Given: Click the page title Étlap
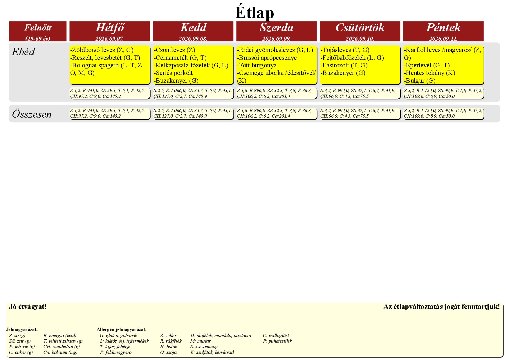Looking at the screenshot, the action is [x=255, y=12].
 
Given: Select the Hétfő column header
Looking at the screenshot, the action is [x=110, y=28].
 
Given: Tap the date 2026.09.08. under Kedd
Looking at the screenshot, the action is [x=193, y=39].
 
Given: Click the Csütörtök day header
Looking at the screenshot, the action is [x=360, y=28].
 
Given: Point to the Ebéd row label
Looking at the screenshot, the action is [x=23, y=52].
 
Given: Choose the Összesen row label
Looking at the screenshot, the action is [x=32, y=114].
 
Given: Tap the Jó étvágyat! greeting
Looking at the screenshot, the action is [x=28, y=307].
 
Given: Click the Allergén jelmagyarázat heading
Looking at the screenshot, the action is [x=122, y=330].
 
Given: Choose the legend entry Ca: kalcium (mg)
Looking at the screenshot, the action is [x=60, y=352].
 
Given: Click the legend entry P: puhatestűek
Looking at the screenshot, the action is [x=277, y=341].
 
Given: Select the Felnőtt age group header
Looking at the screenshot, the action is [x=38, y=28].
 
